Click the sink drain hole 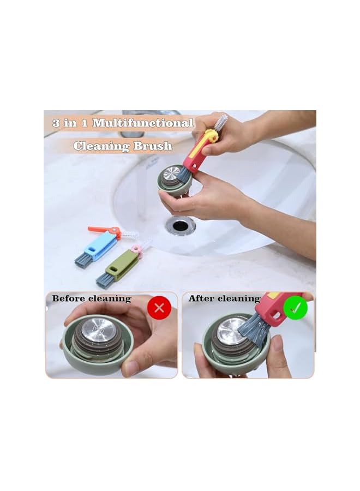point(181,224)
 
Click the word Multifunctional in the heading point(143,123)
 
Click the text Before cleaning point(92,298)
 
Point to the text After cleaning point(224,298)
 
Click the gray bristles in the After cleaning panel point(254,330)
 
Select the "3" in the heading point(56,123)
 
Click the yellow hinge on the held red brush point(211,136)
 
